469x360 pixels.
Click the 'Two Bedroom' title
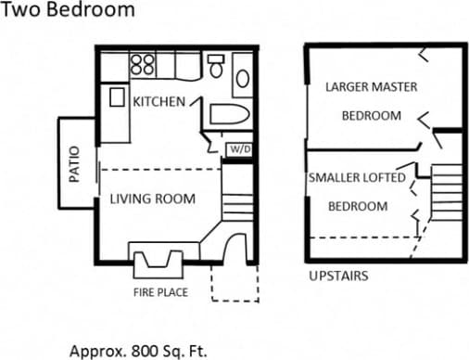point(68,11)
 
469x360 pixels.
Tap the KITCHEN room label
point(158,101)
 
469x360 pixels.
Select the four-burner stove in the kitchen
point(143,65)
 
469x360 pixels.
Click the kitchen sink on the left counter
point(118,96)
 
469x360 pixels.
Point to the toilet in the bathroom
point(216,67)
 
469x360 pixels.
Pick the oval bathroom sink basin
point(242,78)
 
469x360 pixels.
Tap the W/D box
point(238,148)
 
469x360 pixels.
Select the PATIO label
point(74,163)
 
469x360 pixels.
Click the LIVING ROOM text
point(153,199)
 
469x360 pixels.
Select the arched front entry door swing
point(231,248)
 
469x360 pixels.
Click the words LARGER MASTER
point(371,87)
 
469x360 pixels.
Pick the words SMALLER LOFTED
point(357,177)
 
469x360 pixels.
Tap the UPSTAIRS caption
point(337,276)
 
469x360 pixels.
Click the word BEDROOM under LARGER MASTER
point(371,116)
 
